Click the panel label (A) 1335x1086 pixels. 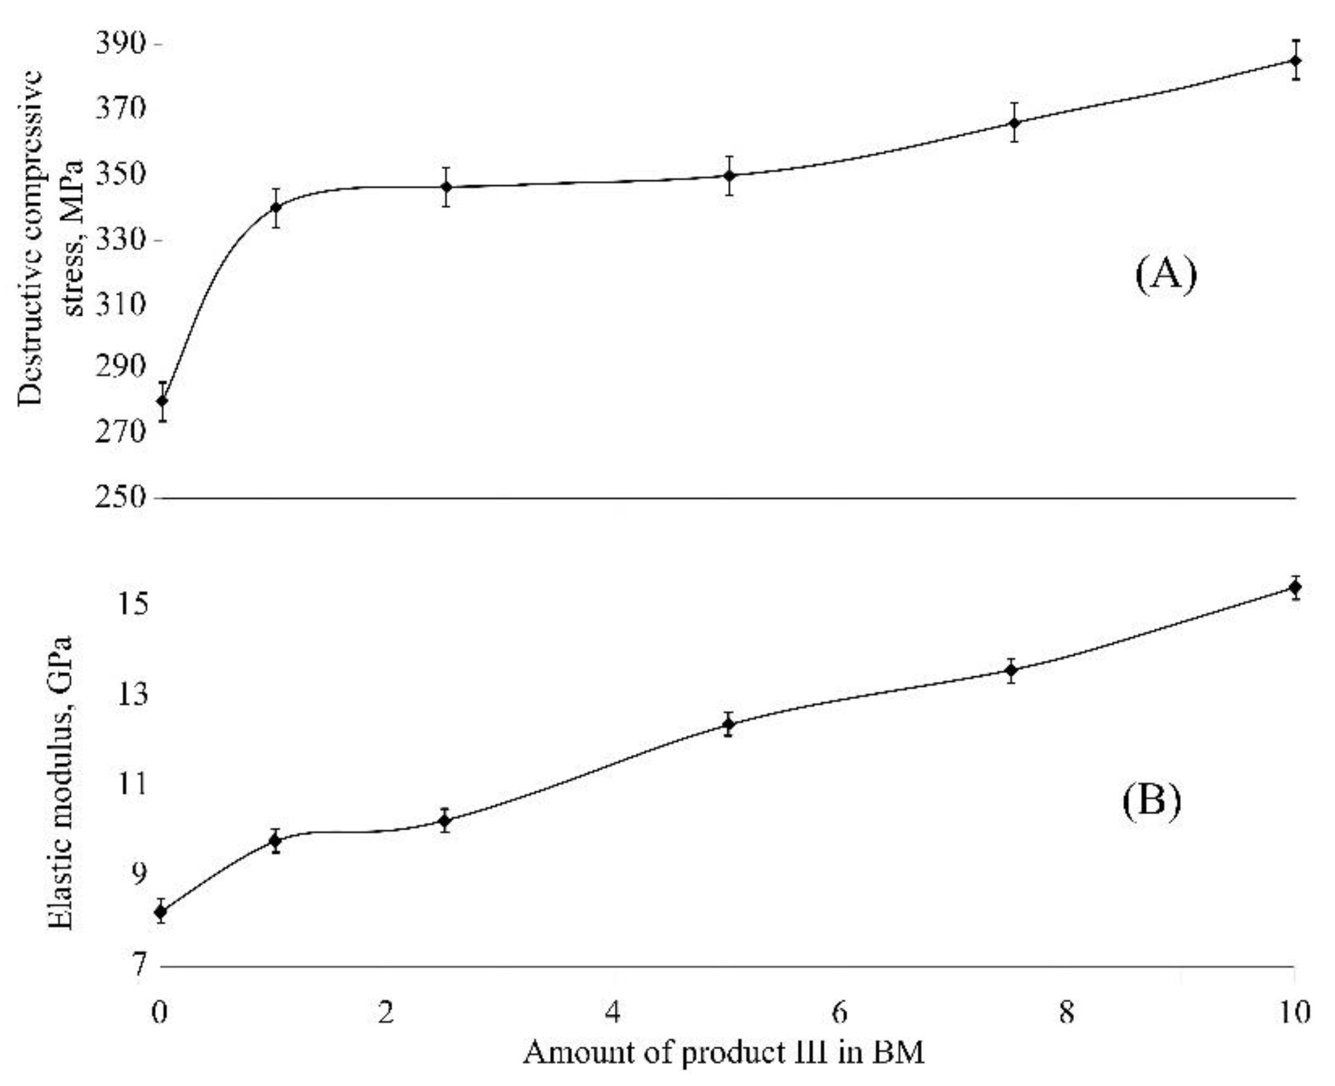(x=1165, y=275)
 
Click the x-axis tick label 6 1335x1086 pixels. (x=840, y=1012)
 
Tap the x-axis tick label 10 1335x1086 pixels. (x=1292, y=1012)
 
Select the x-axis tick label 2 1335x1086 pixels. (x=386, y=1012)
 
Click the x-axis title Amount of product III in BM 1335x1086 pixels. (x=723, y=1053)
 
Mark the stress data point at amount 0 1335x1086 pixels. (x=162, y=401)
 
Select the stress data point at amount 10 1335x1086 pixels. (x=1296, y=61)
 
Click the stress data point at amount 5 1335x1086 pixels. (x=729, y=175)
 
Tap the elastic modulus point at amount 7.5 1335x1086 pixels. (x=1011, y=670)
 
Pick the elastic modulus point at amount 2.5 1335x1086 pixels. (x=445, y=821)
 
